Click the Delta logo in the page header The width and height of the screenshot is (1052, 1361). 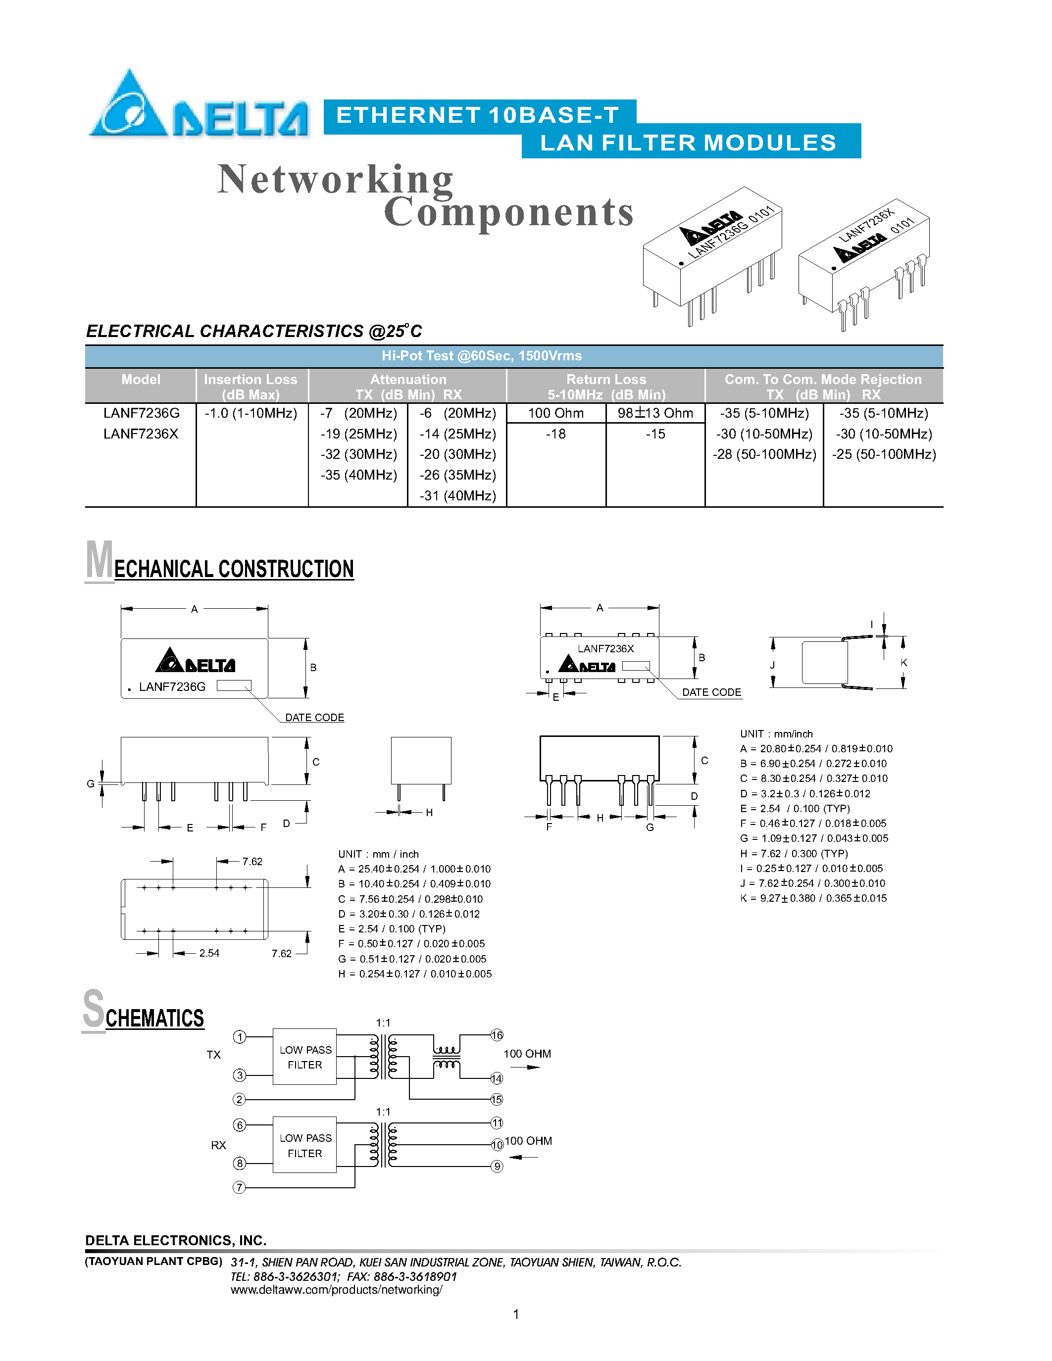198,106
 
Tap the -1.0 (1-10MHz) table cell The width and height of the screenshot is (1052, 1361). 250,413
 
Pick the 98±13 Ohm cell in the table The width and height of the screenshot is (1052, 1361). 655,413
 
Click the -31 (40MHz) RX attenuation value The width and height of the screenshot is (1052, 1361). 457,496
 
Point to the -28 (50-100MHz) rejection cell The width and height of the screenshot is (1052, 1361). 764,454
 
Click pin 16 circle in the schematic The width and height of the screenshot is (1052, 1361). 497,1035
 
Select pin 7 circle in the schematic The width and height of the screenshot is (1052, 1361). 239,1188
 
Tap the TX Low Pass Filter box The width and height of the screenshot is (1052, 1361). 305,1057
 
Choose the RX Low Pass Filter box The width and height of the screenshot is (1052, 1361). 305,1145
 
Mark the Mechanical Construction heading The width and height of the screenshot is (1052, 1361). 220,564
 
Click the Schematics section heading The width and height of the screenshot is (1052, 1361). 144,1013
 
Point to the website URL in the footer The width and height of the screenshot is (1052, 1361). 337,1289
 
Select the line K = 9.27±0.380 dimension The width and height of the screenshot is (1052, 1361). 813,898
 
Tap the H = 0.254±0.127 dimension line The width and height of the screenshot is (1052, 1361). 414,974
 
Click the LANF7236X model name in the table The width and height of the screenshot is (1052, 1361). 141,434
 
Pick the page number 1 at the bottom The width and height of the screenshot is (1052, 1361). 516,1314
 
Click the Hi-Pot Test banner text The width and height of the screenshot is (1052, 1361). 481,356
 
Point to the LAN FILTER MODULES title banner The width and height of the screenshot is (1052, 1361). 688,143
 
